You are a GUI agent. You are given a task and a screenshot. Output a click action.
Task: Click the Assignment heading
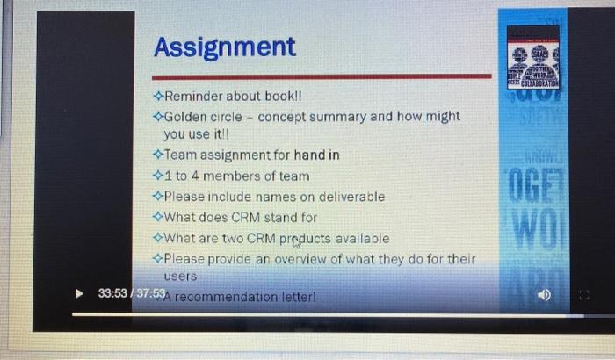225,47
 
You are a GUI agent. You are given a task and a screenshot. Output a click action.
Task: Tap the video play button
80,292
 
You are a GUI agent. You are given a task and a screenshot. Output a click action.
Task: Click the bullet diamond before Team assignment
157,155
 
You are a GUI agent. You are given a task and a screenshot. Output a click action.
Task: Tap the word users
181,276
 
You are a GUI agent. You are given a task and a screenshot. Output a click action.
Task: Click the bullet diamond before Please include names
157,197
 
